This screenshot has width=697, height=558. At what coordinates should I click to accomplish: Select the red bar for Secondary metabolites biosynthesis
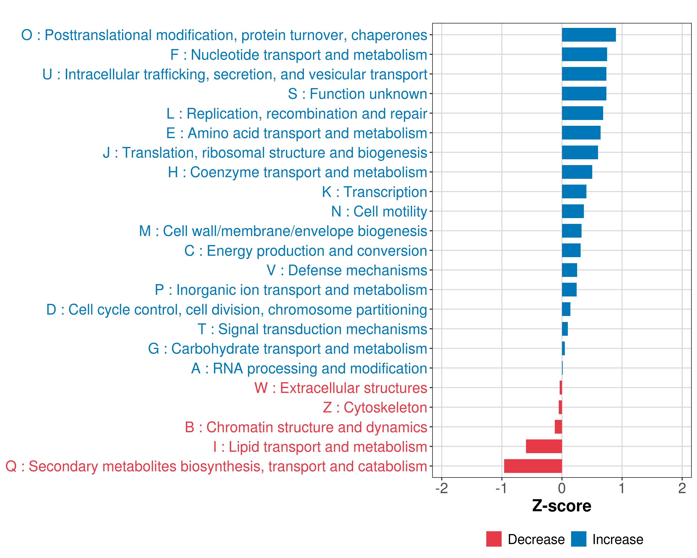coord(533,466)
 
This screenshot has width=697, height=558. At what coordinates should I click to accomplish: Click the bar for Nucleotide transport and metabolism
coord(584,54)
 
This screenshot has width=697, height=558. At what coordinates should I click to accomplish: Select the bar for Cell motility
coord(572,211)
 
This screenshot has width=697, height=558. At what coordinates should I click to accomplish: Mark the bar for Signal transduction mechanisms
coord(565,329)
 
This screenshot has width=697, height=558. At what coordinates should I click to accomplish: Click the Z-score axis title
coord(562,506)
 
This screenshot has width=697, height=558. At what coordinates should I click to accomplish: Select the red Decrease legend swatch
coord(494,539)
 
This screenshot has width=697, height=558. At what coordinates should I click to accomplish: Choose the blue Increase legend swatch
coord(578,539)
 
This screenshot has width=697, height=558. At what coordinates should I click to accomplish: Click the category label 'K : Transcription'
coord(374,192)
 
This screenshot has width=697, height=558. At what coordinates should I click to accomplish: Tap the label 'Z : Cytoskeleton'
coord(375,408)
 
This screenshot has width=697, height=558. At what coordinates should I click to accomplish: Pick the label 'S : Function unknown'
coord(358,94)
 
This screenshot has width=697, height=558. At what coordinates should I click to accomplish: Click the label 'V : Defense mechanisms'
coord(347,270)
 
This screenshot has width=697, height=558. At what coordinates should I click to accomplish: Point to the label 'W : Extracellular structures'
coord(341,388)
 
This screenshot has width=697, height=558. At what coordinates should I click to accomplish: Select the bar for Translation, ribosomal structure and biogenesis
coord(580,152)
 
